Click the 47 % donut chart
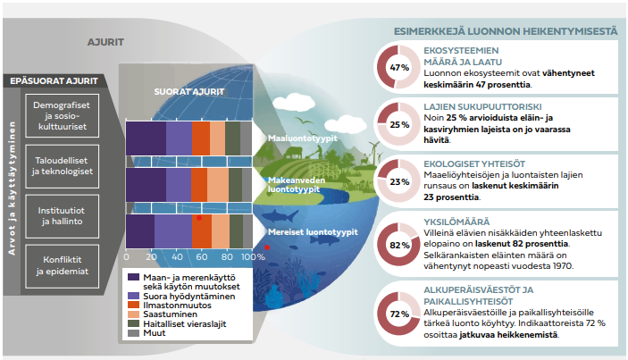399,68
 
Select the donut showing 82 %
399,243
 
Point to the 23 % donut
399,182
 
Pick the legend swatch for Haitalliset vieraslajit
132,325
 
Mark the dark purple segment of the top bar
146,138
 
